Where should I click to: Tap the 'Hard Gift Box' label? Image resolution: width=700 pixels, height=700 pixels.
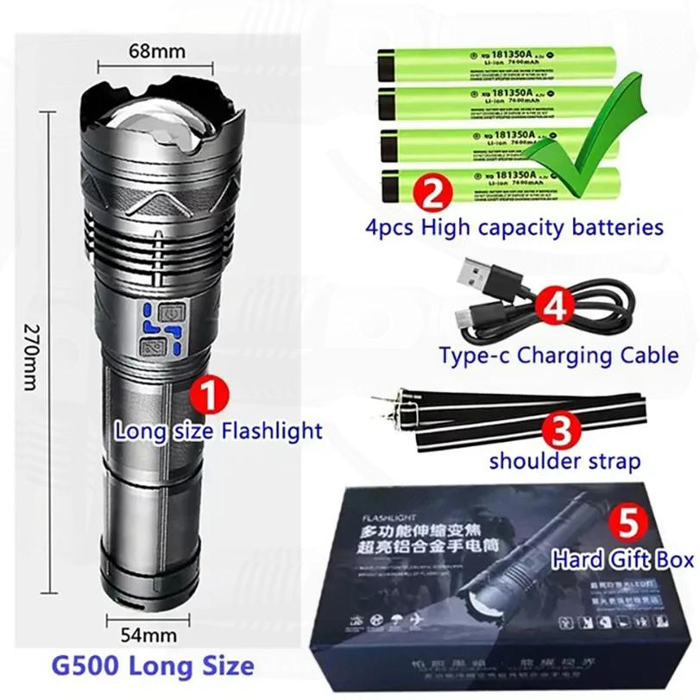(623, 560)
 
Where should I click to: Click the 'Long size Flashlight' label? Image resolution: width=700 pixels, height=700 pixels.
(218, 430)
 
